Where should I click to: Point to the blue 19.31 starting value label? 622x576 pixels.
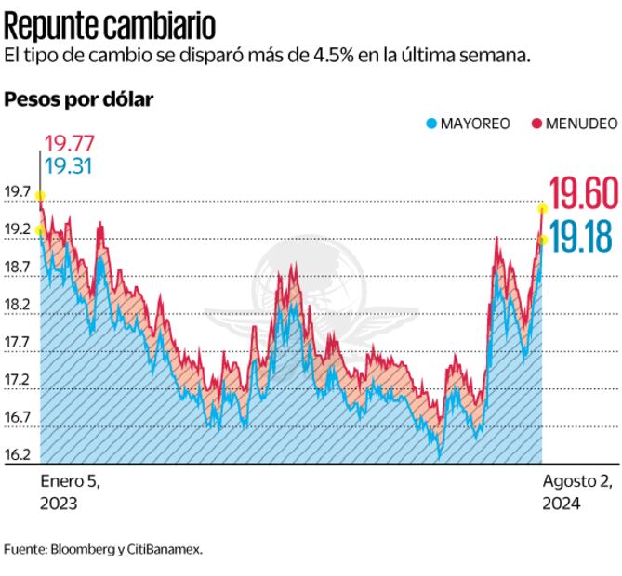coord(68,167)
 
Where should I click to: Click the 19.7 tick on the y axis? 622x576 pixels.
coord(18,192)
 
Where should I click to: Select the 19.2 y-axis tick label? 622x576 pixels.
coord(18,229)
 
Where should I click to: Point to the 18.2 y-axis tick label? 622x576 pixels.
coord(18,305)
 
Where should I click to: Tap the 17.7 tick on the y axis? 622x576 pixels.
coord(18,343)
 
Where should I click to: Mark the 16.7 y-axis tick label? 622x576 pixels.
coord(18,418)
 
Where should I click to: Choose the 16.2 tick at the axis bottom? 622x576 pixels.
coord(18,455)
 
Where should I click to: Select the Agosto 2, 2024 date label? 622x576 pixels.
coord(576,491)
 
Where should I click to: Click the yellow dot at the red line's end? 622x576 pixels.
coord(543,207)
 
